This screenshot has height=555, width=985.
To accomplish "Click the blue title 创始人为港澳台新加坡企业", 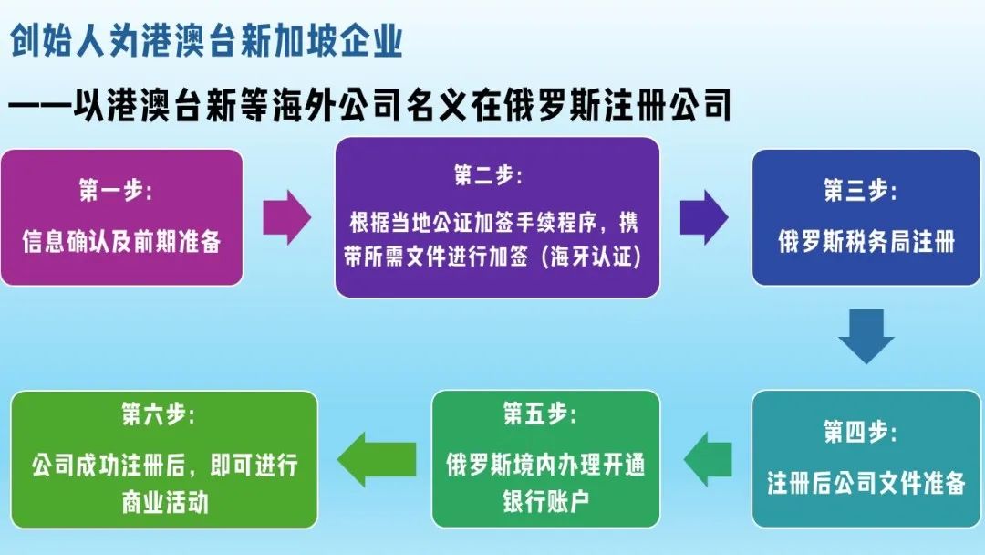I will coord(206,42).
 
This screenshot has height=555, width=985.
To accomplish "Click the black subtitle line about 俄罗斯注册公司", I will coord(370,107).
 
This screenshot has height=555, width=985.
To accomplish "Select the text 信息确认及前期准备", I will coord(121,242).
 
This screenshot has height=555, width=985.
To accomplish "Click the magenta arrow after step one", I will coord(287,218).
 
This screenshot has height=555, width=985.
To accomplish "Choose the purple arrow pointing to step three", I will coord(703,218).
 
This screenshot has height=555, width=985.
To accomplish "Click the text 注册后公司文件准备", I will coord(866,483).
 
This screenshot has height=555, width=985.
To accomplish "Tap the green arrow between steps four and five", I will coord(708,459).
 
